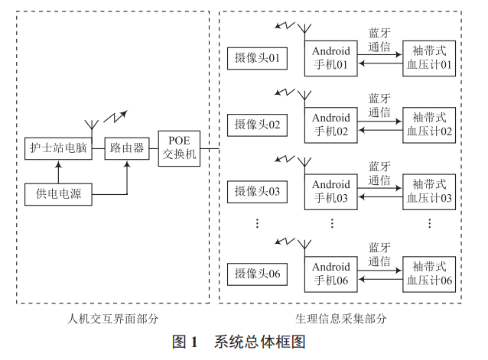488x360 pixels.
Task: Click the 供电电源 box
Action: [59, 194]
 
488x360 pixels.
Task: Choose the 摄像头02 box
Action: [257, 125]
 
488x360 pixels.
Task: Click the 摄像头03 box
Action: [257, 190]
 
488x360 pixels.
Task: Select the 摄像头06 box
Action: [257, 273]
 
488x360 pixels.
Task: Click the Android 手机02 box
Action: [331, 125]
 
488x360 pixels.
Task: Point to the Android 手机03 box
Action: [331, 191]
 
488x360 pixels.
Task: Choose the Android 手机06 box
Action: [331, 274]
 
